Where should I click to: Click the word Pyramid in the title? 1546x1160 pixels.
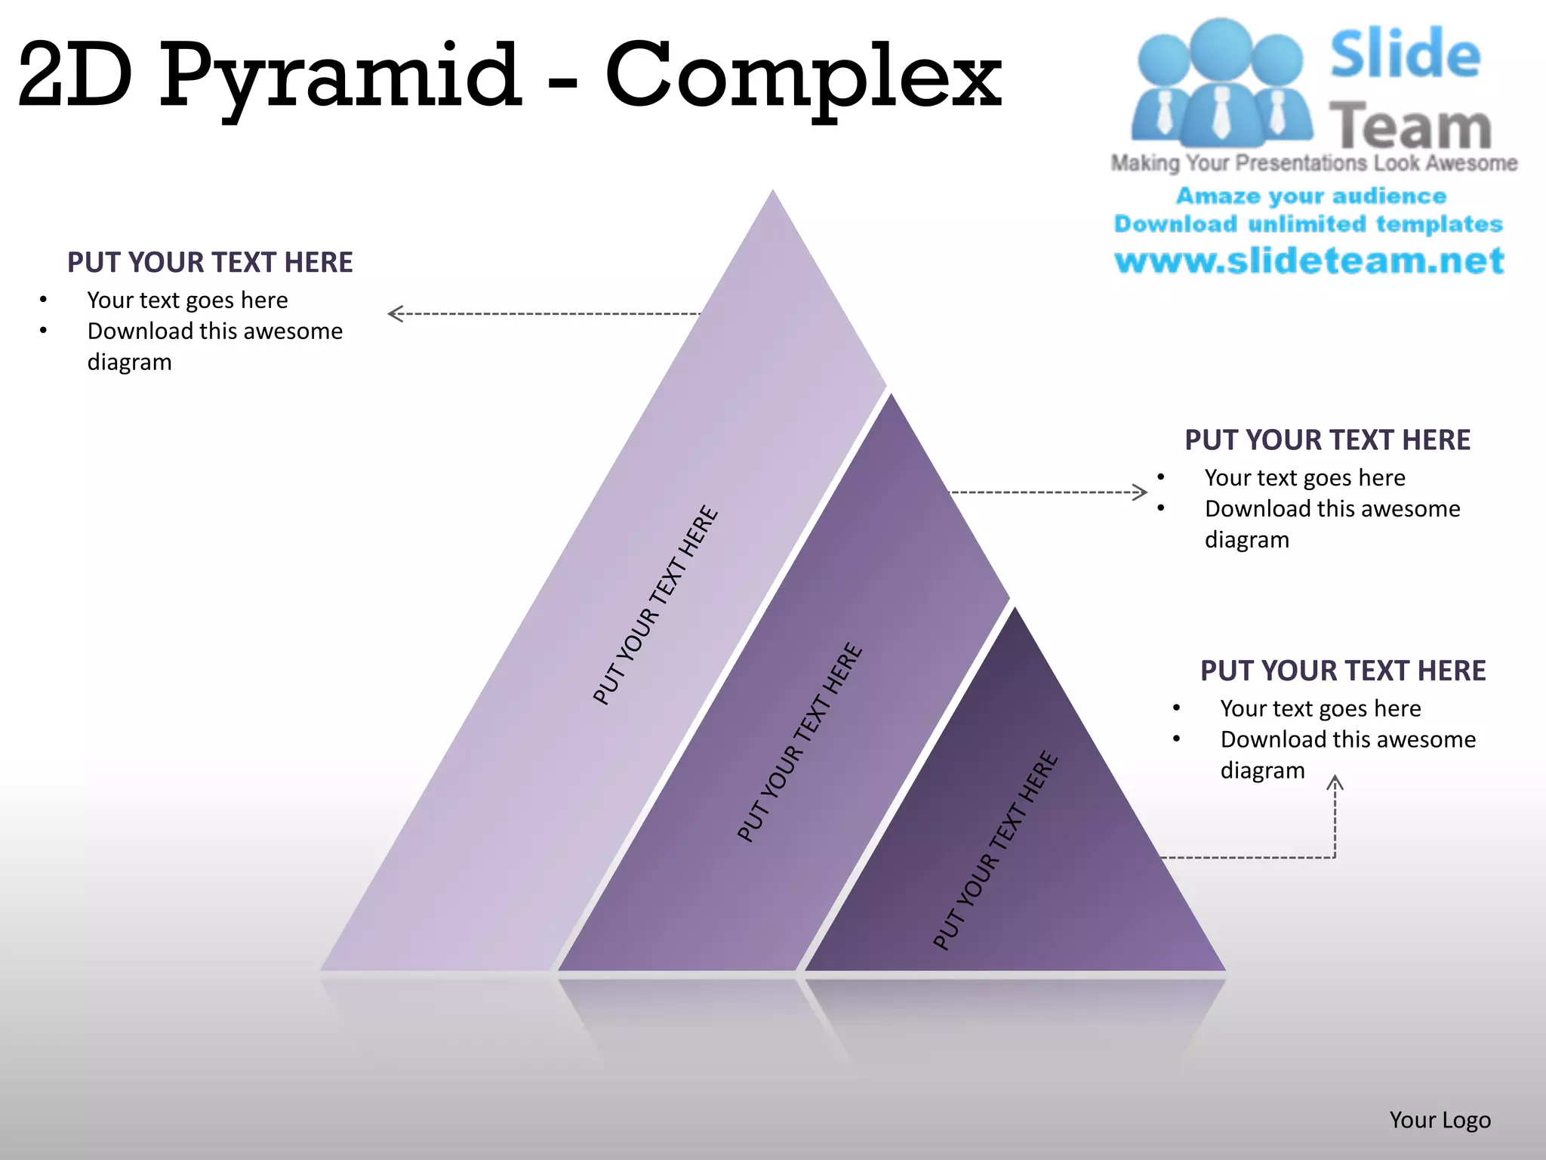point(340,76)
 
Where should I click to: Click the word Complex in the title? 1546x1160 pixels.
point(804,76)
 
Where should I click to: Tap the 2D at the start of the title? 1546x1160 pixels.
point(75,76)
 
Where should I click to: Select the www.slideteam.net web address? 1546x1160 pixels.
point(1309,261)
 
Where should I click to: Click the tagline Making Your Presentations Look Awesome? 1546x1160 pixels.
point(1313,163)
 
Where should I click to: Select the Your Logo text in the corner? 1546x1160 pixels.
point(1440,1120)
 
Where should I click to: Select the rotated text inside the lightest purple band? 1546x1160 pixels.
point(655,605)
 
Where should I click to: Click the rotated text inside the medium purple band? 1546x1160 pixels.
point(799,742)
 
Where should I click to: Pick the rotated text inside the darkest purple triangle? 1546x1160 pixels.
point(995,850)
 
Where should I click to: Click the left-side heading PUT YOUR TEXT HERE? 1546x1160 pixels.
point(210,262)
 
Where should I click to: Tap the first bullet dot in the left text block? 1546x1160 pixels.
point(44,300)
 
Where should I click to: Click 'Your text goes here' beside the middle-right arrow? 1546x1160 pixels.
point(1304,477)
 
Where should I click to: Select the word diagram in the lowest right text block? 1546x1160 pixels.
point(1262,770)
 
